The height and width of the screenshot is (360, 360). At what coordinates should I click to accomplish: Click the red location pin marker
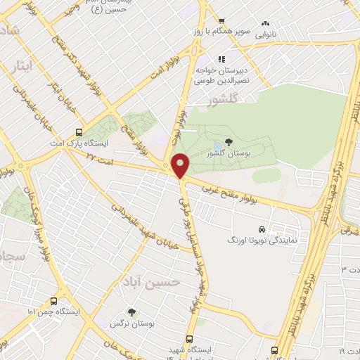click(181, 166)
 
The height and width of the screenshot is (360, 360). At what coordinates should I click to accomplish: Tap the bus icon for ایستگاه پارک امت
click(77, 132)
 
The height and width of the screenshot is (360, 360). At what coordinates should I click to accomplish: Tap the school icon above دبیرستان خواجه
click(220, 60)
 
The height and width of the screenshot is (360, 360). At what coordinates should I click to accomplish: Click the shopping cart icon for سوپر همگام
click(221, 22)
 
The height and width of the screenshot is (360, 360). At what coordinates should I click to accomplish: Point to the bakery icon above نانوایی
click(265, 22)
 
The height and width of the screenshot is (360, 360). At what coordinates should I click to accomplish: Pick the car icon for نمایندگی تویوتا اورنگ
click(262, 229)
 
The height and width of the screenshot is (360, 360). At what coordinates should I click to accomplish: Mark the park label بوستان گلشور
click(227, 153)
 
